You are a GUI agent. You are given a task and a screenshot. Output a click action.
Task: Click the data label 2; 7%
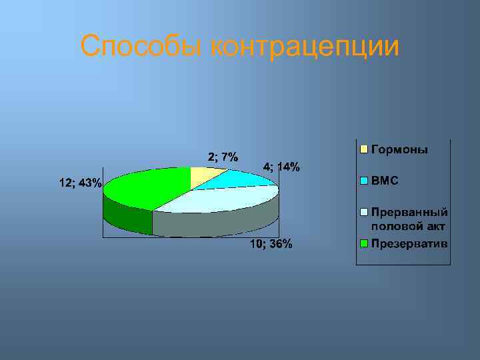coord(223,157)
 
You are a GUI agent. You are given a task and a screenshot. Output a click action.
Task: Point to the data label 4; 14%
coord(281,167)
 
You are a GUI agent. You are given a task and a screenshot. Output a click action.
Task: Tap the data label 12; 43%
coord(80,183)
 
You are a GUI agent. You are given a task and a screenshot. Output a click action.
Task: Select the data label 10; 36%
coord(271,244)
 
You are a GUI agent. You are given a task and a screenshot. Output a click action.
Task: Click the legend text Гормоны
coord(399,149)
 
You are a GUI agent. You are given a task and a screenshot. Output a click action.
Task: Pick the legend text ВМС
coord(385,181)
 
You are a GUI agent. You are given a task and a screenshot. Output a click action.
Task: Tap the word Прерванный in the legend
coord(409,212)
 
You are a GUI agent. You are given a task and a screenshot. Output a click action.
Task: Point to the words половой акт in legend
coord(408,227)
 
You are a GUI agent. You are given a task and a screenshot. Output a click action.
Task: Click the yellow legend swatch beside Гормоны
coord(364,149)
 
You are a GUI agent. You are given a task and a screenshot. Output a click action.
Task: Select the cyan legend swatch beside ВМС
coord(364,181)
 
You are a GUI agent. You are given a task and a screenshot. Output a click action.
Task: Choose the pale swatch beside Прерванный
coord(364,212)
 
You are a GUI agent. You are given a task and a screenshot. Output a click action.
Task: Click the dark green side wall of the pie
coord(127,215)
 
